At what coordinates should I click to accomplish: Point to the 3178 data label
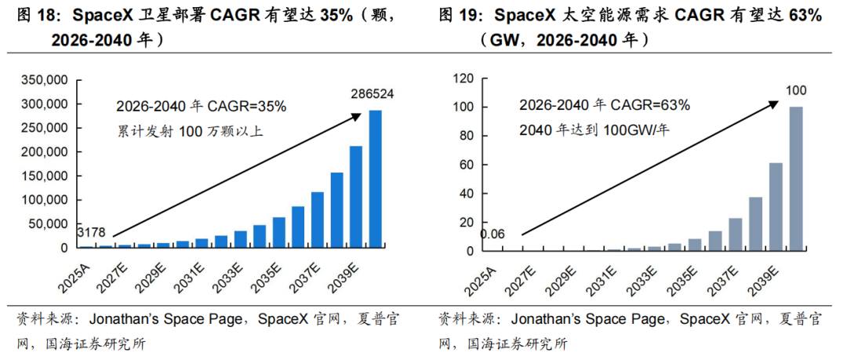(x=91, y=232)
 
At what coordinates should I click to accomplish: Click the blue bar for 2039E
(x=356, y=197)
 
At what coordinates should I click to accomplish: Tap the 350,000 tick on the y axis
(x=46, y=80)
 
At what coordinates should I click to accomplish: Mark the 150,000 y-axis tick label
(x=46, y=176)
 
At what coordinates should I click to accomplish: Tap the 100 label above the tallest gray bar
(x=795, y=91)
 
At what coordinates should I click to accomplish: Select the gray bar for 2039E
(x=775, y=207)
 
